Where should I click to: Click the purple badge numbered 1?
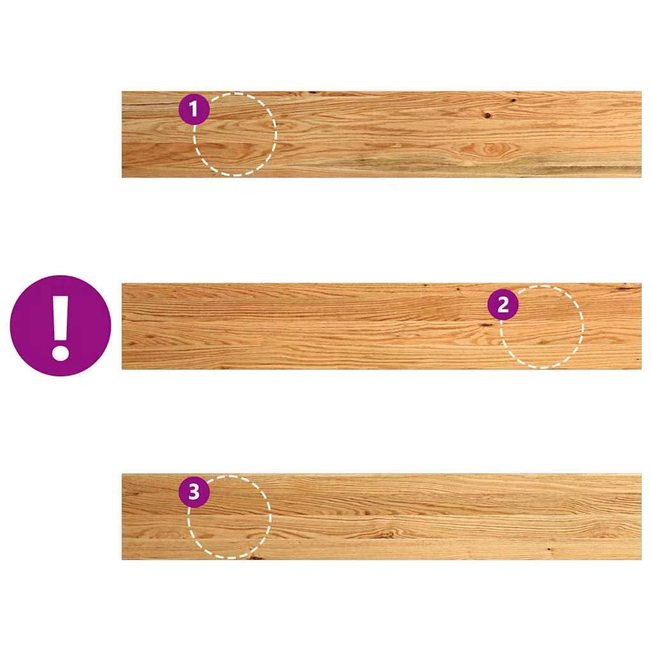tap(194, 110)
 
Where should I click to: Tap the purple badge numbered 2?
tap(503, 305)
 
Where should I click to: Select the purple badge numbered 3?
tap(194, 492)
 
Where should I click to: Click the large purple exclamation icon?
tap(60, 325)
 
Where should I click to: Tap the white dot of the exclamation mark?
tap(60, 352)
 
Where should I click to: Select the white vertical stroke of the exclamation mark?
tap(60, 316)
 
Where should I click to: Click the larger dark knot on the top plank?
tap(487, 115)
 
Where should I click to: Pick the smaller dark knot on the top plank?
tap(514, 100)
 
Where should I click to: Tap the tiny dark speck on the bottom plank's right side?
tap(551, 549)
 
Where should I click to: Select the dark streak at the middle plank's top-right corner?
tap(628, 287)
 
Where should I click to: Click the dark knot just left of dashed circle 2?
tap(486, 325)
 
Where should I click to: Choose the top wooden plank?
tap(381, 134)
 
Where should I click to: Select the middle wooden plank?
tap(381, 326)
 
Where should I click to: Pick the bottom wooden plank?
tap(381, 517)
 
